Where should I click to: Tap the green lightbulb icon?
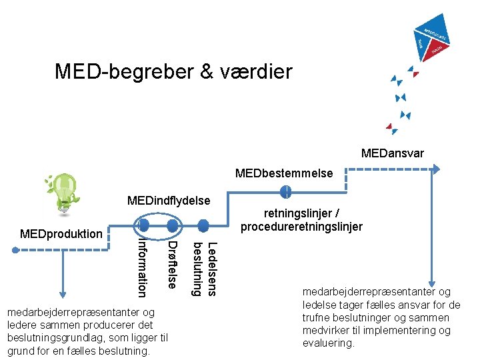[x=63, y=192]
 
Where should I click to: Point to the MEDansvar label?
[x=392, y=154]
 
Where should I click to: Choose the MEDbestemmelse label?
[x=284, y=173]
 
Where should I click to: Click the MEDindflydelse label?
[x=169, y=201]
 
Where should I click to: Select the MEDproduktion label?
[x=61, y=234]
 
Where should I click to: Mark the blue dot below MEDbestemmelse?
[x=285, y=193]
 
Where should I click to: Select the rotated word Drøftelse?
[x=173, y=265]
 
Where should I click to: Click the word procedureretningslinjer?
[x=302, y=227]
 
